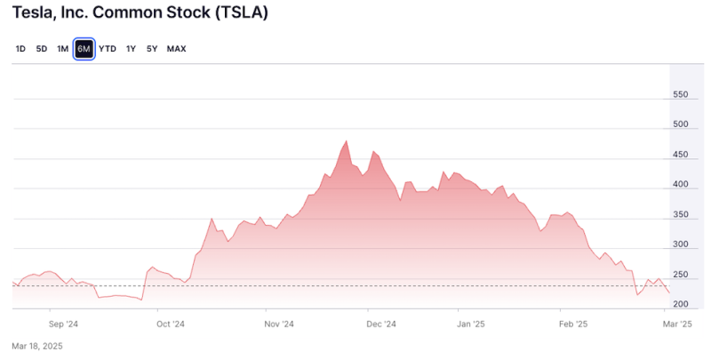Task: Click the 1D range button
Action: click(20, 49)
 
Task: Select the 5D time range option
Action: click(42, 49)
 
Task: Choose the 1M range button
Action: click(62, 49)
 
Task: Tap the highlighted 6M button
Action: click(84, 49)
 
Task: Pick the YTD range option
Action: click(108, 49)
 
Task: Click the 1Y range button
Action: click(131, 49)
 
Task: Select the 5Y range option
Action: click(152, 49)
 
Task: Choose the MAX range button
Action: click(177, 49)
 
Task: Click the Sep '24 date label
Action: click(64, 324)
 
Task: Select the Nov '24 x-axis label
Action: click(279, 324)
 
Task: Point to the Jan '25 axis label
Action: click(471, 324)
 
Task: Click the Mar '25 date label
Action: click(678, 324)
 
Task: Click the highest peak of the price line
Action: click(345, 141)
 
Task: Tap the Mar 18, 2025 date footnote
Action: click(37, 346)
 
